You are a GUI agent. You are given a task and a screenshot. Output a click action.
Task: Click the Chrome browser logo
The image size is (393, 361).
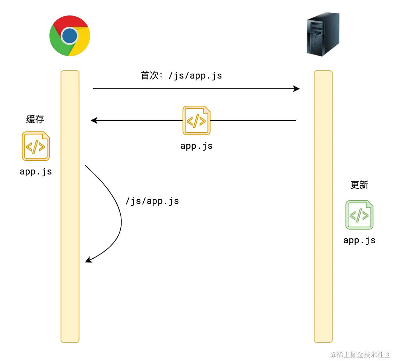(x=70, y=36)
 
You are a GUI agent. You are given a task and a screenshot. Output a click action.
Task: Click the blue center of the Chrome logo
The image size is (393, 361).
(x=70, y=36)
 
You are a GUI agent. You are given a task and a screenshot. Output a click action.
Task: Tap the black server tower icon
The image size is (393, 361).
(x=322, y=34)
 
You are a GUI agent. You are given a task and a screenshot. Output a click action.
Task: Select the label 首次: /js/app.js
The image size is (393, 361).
(x=181, y=76)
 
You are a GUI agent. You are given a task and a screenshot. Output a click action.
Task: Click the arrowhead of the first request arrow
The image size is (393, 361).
(x=297, y=89)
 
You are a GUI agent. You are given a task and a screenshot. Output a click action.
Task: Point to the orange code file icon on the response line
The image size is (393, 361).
(x=196, y=120)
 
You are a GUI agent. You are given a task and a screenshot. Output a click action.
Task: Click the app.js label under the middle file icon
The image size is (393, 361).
(x=196, y=146)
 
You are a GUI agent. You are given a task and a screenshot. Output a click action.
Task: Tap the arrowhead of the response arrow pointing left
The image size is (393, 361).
(x=94, y=120)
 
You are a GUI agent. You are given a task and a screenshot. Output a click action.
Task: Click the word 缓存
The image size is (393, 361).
(x=35, y=119)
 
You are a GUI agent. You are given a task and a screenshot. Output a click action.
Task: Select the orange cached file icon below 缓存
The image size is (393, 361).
(x=36, y=146)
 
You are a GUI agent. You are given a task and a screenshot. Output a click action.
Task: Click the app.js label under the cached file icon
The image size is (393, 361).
(x=36, y=172)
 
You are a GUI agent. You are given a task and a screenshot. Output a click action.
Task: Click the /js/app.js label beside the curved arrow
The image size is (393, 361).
(x=152, y=201)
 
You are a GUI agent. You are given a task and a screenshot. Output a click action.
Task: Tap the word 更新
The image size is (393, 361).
(x=359, y=185)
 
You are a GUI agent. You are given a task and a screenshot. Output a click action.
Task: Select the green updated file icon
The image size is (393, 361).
(x=359, y=215)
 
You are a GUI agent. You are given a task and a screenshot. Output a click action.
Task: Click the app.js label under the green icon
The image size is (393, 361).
(x=359, y=241)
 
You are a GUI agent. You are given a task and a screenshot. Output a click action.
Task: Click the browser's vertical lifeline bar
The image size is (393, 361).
(x=70, y=227)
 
